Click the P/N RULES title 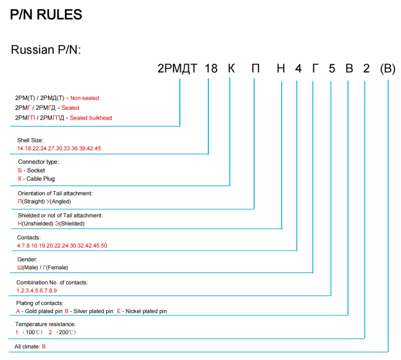click(x=46, y=14)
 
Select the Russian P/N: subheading click(x=46, y=49)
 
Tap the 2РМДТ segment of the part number click(x=177, y=68)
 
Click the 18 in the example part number click(x=211, y=68)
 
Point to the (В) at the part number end click(x=387, y=68)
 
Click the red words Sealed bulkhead click(x=91, y=118)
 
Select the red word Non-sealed click(x=85, y=98)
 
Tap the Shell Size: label click(x=30, y=140)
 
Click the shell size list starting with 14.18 click(x=59, y=149)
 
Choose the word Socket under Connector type click(x=36, y=170)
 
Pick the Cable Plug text click(x=40, y=179)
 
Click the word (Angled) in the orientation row click(x=60, y=202)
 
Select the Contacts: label click(x=29, y=237)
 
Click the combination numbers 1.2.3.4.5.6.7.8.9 click(x=37, y=290)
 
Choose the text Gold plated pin click(x=43, y=311)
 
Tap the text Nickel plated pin click(x=146, y=311)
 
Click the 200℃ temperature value click(x=66, y=332)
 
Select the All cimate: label click(x=27, y=346)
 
